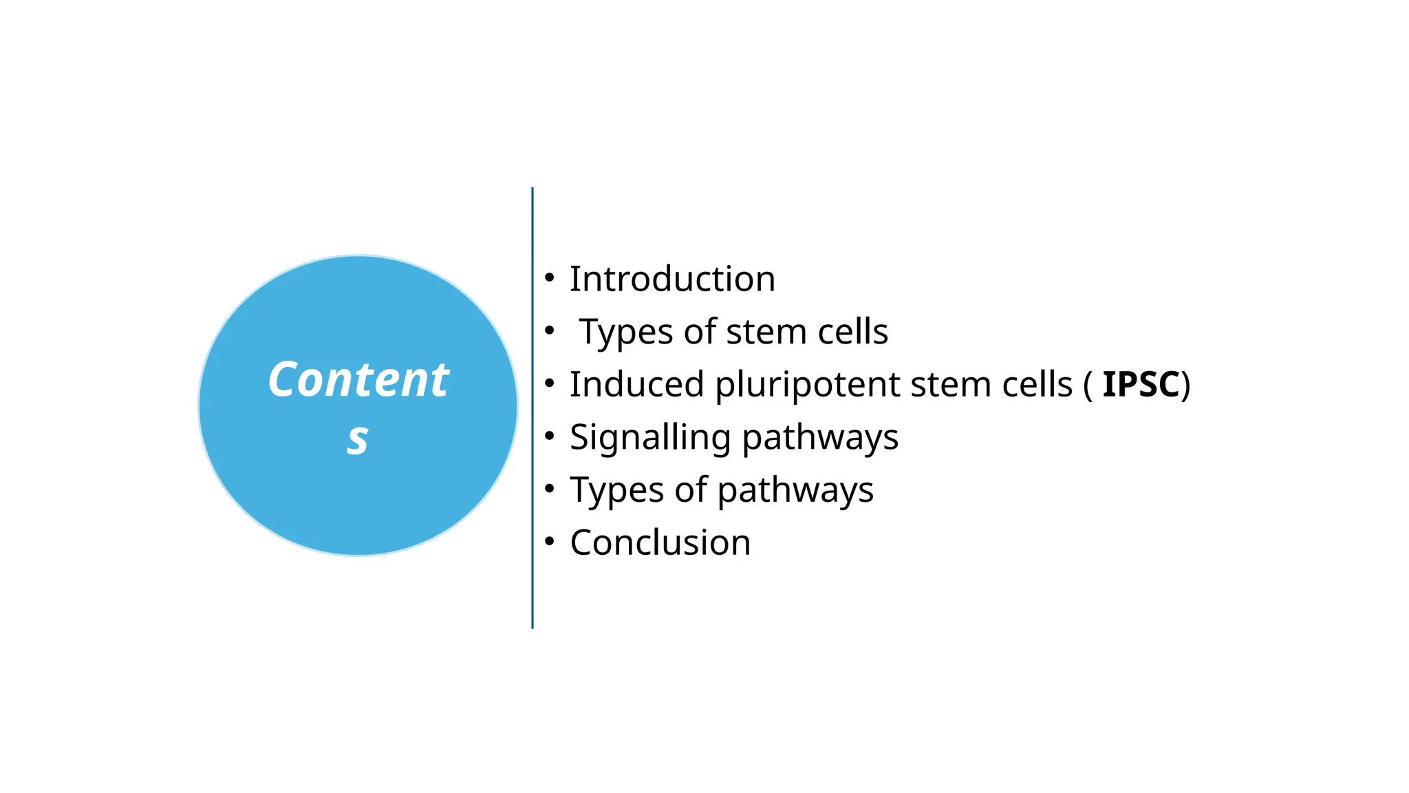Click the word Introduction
(672, 279)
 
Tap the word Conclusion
(660, 542)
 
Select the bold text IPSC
(1141, 384)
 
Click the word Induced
(636, 384)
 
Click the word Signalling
(649, 438)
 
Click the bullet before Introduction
(549, 278)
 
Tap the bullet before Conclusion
(549, 542)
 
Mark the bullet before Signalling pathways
(549, 436)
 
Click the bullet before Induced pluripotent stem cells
(549, 383)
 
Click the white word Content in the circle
(358, 379)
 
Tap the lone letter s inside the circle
(358, 438)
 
